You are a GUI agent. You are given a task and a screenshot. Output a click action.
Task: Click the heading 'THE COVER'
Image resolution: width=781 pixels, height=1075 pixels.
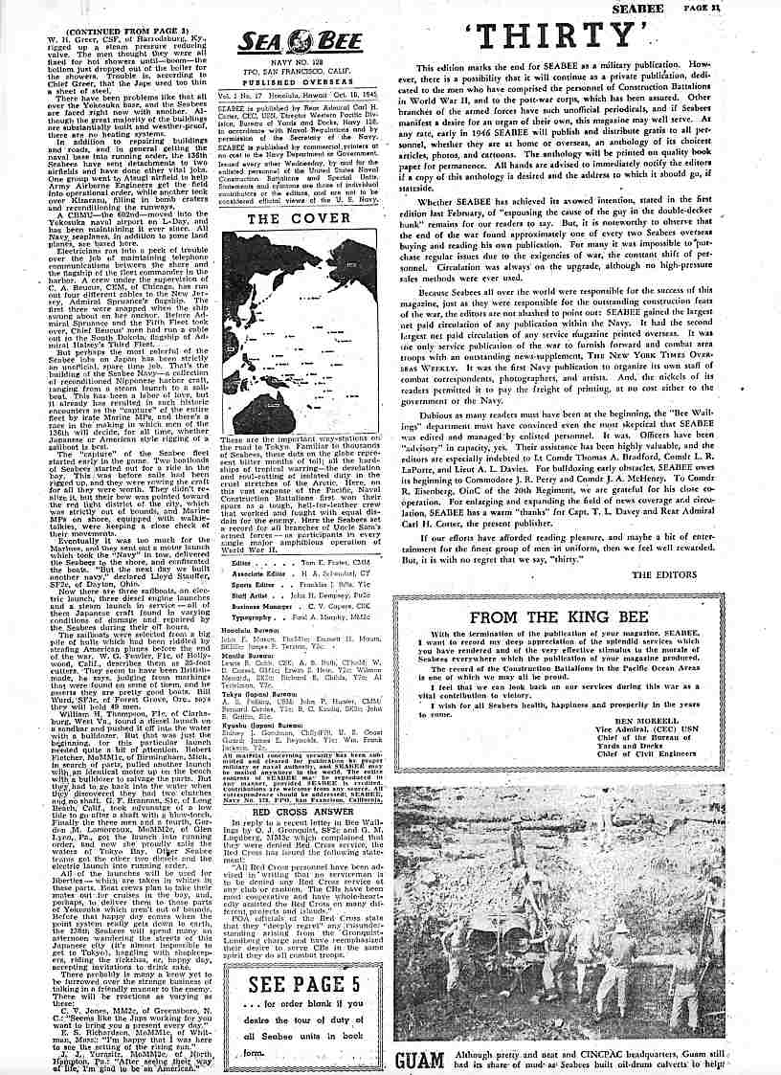coord(290,218)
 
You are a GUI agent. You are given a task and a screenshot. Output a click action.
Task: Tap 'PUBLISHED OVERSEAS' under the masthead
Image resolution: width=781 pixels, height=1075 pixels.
coord(291,80)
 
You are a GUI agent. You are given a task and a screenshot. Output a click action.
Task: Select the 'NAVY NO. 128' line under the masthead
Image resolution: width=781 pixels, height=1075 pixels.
coord(291,62)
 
